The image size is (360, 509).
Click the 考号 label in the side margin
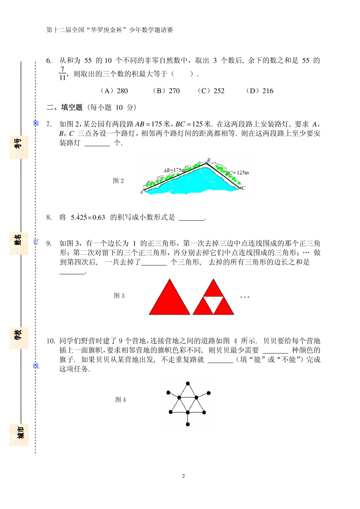click(18, 144)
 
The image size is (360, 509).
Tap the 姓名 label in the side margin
click(18, 240)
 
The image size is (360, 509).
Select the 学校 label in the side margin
click(18, 335)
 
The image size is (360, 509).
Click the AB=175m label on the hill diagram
click(174, 170)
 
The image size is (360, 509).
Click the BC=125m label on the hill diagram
click(238, 173)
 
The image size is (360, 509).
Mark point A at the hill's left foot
click(144, 190)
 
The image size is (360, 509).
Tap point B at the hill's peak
click(207, 163)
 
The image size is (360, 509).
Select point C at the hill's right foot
click(240, 188)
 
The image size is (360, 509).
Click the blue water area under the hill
click(194, 183)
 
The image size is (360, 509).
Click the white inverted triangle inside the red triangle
click(213, 303)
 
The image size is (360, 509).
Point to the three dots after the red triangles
click(245, 297)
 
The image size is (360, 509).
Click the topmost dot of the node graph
click(188, 383)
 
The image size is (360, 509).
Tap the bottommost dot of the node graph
click(188, 424)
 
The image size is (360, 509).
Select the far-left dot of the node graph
click(168, 392)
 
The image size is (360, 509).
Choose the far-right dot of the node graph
click(209, 393)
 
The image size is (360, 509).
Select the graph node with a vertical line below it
click(188, 412)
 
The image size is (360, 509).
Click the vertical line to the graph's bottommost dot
click(188, 418)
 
